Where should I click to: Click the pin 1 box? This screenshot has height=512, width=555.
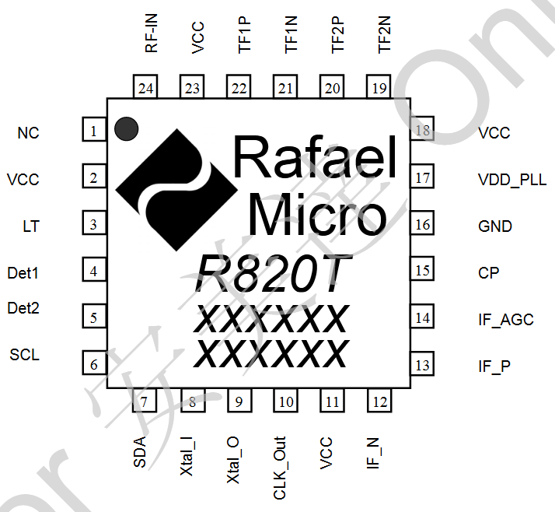click(93, 132)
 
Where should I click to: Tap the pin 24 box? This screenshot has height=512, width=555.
click(145, 88)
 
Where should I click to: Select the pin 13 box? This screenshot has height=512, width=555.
click(422, 365)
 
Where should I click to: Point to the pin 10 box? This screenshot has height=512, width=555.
click(285, 402)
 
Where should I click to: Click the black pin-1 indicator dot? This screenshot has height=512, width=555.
click(125, 129)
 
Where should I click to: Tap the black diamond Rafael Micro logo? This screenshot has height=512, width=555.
click(176, 188)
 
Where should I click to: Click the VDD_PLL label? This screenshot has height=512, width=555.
click(511, 180)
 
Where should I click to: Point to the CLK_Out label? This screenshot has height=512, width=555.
click(280, 468)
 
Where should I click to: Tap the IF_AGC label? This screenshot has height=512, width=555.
click(505, 320)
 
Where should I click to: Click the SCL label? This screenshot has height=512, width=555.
click(24, 356)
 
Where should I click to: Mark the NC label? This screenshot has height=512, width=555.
click(28, 133)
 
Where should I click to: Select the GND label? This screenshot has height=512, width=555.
click(495, 226)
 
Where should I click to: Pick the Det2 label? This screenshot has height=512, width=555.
click(23, 308)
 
